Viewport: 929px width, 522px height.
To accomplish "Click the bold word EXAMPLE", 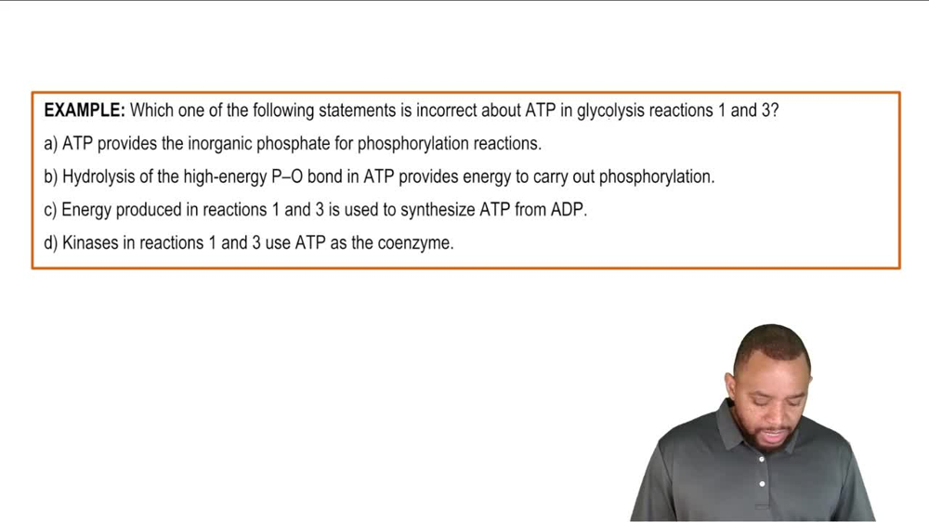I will pyautogui.click(x=84, y=111).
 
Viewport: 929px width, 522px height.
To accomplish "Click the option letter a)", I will pyautogui.click(x=51, y=144).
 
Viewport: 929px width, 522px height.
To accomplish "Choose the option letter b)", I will pyautogui.click(x=51, y=176).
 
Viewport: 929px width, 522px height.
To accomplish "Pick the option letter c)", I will pyautogui.click(x=51, y=210).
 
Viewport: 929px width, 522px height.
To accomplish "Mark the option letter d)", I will pyautogui.click(x=51, y=243).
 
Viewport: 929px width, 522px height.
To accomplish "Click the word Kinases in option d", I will pyautogui.click(x=91, y=243).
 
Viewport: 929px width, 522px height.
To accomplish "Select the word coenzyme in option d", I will pyautogui.click(x=414, y=243).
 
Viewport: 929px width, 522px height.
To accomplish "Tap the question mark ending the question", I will pyautogui.click(x=775, y=111).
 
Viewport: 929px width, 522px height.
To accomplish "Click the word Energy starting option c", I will pyautogui.click(x=86, y=210).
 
